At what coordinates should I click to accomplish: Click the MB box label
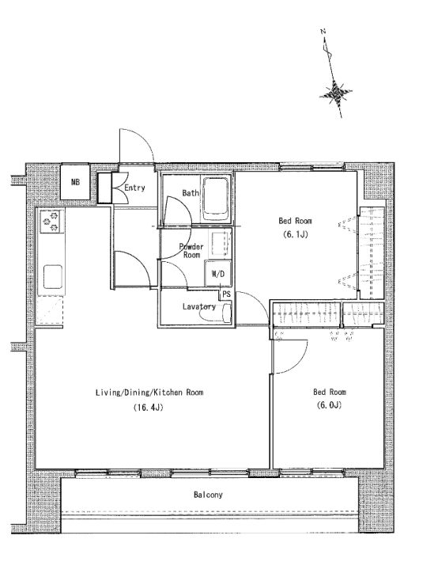click(x=75, y=182)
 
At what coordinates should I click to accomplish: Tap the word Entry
click(x=134, y=188)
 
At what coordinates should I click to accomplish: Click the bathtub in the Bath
click(x=216, y=199)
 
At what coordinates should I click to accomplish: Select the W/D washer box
click(x=218, y=273)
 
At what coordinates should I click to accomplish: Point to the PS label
click(x=226, y=294)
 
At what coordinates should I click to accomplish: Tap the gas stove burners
click(x=51, y=221)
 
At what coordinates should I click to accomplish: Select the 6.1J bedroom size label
click(x=295, y=234)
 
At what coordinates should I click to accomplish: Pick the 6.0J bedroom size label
click(x=329, y=404)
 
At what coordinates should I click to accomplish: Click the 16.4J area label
click(x=148, y=408)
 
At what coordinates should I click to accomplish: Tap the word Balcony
click(x=208, y=495)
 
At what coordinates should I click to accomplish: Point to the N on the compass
click(x=323, y=32)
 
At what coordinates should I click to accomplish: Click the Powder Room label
click(x=191, y=250)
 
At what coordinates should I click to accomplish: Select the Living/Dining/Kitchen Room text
click(x=149, y=393)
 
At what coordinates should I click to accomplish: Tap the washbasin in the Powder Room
click(x=221, y=243)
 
